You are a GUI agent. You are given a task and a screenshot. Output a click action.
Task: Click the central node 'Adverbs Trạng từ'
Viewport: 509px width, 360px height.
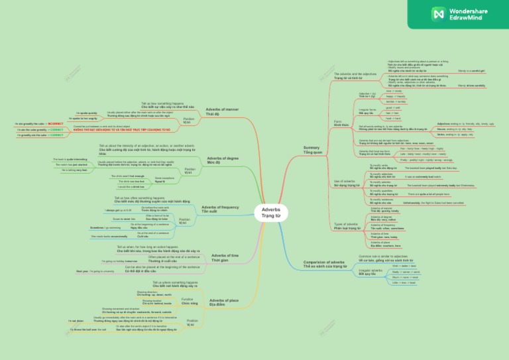pos(271,213)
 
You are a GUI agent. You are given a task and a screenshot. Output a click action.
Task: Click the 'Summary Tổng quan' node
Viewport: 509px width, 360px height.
pos(311,150)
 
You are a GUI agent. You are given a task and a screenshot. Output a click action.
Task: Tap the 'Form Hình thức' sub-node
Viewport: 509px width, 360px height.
pos(339,123)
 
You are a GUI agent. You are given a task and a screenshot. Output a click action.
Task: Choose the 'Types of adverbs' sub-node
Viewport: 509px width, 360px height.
pos(347,226)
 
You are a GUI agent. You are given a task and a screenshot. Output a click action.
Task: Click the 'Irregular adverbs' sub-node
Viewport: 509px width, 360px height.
pos(370,272)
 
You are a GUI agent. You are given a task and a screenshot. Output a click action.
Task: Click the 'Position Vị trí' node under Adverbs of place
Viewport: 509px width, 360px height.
pos(191,324)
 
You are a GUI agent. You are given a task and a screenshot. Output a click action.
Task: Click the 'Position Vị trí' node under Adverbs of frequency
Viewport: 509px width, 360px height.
pos(184,221)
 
